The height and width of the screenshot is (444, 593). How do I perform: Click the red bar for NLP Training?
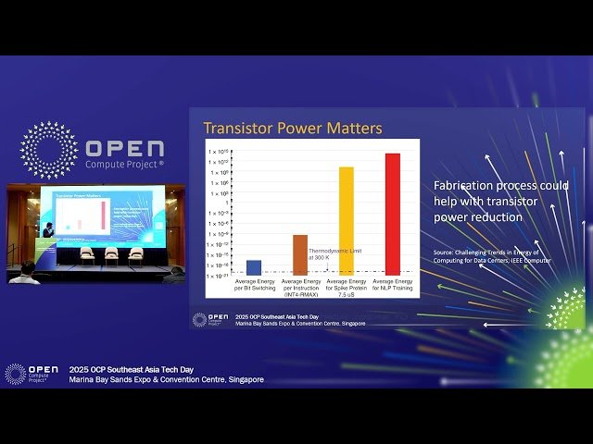coord(392,214)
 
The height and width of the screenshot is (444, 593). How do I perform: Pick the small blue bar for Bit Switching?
coord(253,267)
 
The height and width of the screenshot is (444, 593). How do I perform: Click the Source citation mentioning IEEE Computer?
coord(492,256)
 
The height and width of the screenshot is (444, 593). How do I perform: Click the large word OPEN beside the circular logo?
coord(124,149)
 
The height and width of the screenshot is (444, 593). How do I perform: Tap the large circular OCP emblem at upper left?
coord(49,150)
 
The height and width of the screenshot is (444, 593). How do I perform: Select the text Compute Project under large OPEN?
coord(124,165)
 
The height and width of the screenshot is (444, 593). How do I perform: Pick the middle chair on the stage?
coord(111,253)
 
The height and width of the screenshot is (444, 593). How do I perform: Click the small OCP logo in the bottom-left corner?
coord(16,373)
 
